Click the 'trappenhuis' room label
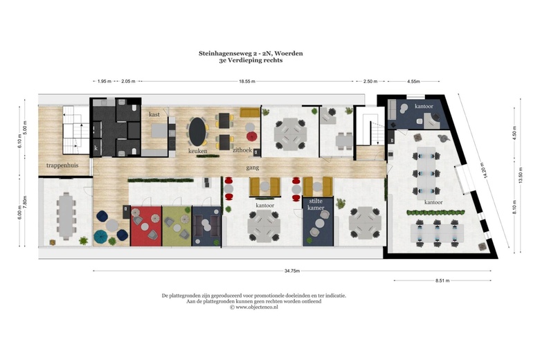pyautogui.click(x=62, y=165)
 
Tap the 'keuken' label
pyautogui.click(x=198, y=151)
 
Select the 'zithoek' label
pyautogui.click(x=242, y=150)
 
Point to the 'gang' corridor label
pyautogui.click(x=253, y=168)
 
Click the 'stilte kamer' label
pyautogui.click(x=316, y=204)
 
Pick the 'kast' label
pyautogui.click(x=154, y=114)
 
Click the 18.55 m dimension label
pyautogui.click(x=247, y=81)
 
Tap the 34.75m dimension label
pyautogui.click(x=292, y=271)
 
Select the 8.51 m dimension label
pyautogui.click(x=442, y=280)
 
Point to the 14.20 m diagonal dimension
pyautogui.click(x=485, y=170)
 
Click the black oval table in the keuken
pyautogui.click(x=198, y=132)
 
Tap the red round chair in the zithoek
pyautogui.click(x=253, y=136)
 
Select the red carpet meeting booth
pyautogui.click(x=146, y=226)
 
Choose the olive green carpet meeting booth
pyautogui.click(x=177, y=226)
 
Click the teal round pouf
pyautogui.click(x=101, y=236)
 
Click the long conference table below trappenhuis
pyautogui.click(x=66, y=216)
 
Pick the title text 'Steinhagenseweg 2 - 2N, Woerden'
pyautogui.click(x=251, y=53)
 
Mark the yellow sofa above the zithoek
pyautogui.click(x=250, y=113)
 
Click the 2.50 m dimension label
pyautogui.click(x=370, y=81)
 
